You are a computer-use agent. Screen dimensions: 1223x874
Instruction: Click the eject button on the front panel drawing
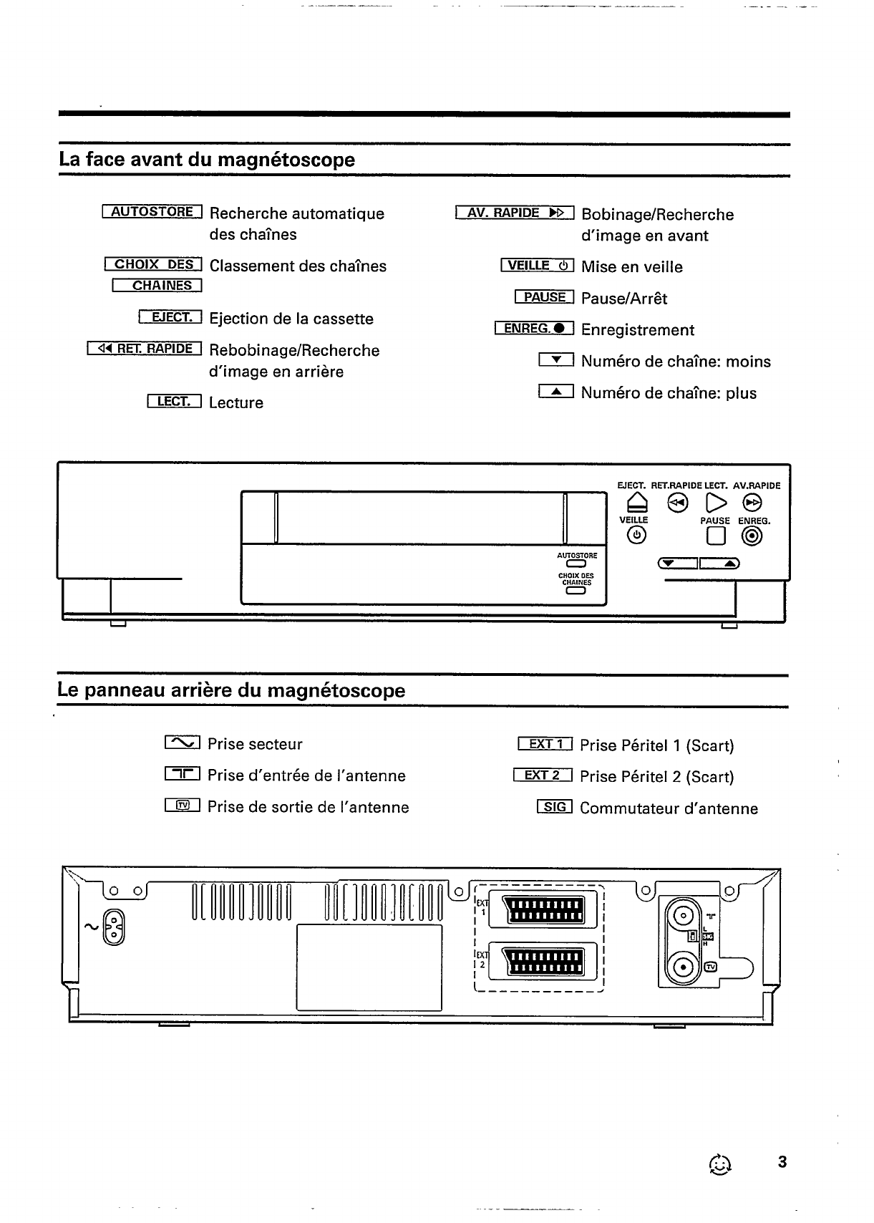point(634,502)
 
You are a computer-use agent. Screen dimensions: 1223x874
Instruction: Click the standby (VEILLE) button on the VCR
point(636,536)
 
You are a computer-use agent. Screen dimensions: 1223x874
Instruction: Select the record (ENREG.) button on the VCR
point(752,536)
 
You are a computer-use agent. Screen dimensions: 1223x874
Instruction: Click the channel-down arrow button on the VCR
point(677,564)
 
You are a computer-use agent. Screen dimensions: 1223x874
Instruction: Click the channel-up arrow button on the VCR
point(720,564)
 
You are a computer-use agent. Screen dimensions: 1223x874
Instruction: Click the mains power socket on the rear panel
point(115,927)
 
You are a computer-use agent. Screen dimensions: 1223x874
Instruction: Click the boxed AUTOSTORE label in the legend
point(152,212)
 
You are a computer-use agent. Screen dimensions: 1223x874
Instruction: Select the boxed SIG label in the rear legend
point(555,808)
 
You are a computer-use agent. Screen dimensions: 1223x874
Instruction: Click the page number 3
point(782,1162)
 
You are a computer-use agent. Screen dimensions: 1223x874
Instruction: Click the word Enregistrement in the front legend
point(637,330)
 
